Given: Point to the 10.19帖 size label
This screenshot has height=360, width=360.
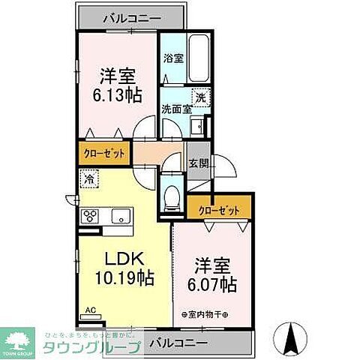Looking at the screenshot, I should click(124, 279).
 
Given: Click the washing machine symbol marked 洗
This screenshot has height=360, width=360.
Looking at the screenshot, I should click(199, 97).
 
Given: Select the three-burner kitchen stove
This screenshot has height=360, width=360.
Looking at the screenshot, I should click(91, 216).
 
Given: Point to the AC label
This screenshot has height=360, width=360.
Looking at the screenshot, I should click(88, 309).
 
